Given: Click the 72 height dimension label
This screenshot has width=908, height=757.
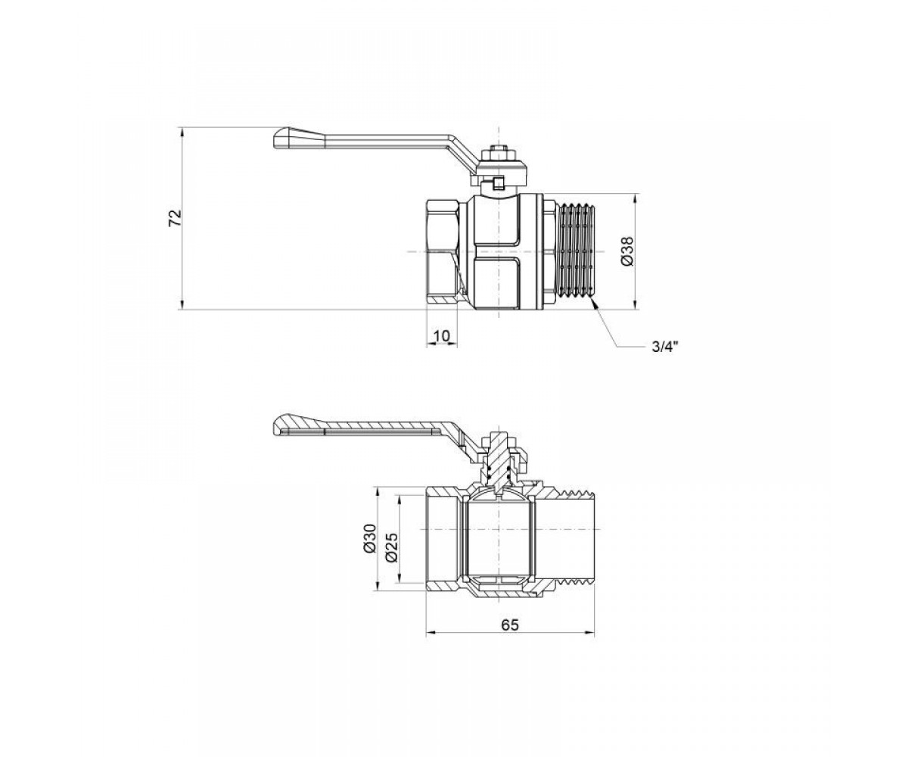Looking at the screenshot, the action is pyautogui.click(x=176, y=218).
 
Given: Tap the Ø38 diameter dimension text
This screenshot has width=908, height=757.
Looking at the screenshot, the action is pyautogui.click(x=627, y=251).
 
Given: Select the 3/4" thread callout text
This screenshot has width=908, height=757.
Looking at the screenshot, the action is pyautogui.click(x=665, y=347).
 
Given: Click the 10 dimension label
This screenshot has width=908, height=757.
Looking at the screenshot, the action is pyautogui.click(x=441, y=335).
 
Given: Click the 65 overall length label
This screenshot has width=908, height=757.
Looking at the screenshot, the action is pyautogui.click(x=510, y=625).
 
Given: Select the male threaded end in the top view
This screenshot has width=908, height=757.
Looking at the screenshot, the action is pyautogui.click(x=575, y=251).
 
